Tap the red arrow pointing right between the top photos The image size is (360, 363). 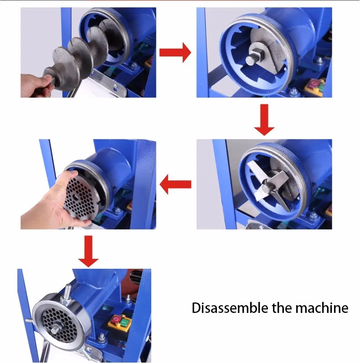point(175,52)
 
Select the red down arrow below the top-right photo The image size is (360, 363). point(264,120)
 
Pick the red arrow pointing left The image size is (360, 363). point(175,184)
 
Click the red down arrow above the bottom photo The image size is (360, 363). point(88,251)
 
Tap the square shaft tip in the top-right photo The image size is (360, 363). point(251,61)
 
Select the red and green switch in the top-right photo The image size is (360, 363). point(314,87)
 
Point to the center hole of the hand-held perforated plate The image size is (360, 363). point(76,197)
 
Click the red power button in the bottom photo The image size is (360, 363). point(115,320)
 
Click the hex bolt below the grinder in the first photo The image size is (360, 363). point(134,66)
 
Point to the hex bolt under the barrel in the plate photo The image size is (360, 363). point(118,211)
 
